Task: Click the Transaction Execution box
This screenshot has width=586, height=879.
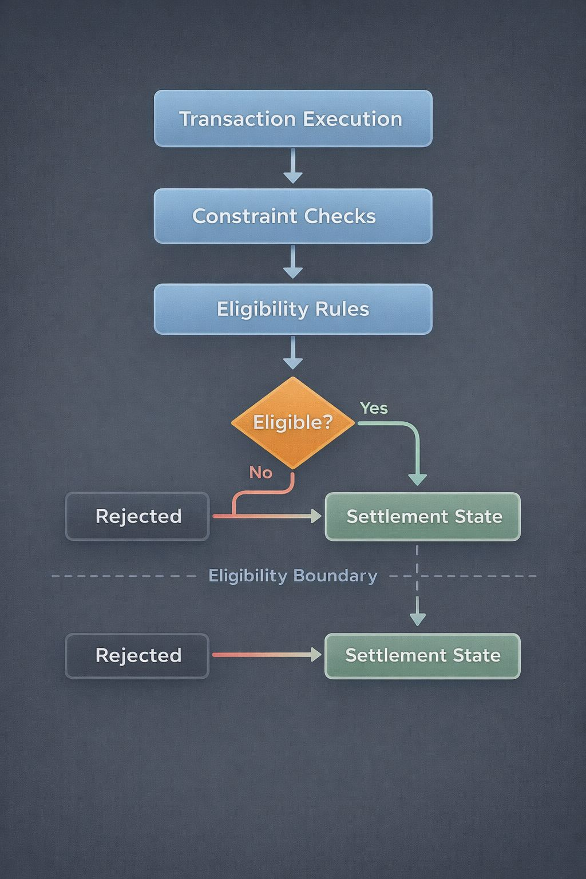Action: (x=293, y=118)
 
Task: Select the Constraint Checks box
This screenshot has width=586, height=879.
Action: (x=293, y=216)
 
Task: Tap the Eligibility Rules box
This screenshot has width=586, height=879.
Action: (x=293, y=309)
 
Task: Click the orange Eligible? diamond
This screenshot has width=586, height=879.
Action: (x=293, y=423)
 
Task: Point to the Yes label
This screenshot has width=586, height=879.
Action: (x=374, y=408)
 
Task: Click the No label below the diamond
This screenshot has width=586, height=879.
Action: (x=260, y=473)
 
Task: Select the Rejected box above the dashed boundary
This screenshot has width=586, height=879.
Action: (x=137, y=516)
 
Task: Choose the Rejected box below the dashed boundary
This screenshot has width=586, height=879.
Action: (x=137, y=656)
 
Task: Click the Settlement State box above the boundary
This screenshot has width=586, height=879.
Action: (x=423, y=516)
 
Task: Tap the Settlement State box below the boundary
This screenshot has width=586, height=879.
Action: (x=423, y=656)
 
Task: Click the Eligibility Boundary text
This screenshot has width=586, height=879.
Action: (x=292, y=576)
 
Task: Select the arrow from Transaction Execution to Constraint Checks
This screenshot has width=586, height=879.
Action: (x=293, y=166)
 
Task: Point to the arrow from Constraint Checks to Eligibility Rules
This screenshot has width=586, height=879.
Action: (x=293, y=263)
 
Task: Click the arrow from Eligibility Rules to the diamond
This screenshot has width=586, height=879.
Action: (x=293, y=353)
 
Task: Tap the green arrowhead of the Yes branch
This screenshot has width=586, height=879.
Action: (x=418, y=479)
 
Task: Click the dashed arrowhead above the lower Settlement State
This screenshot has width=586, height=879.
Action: (x=418, y=618)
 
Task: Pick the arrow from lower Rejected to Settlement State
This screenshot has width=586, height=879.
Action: (x=267, y=655)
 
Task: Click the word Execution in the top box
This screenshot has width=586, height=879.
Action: (x=352, y=119)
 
